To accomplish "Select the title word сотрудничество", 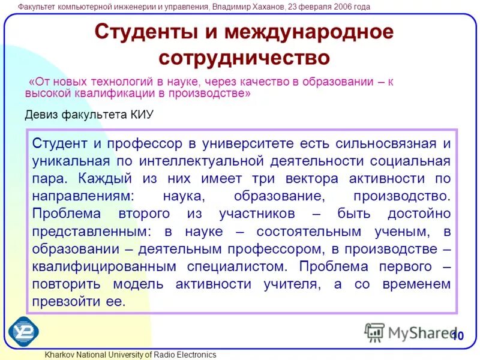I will pyautogui.click(x=244, y=58).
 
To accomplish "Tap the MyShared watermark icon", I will pyautogui.click(x=375, y=332).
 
